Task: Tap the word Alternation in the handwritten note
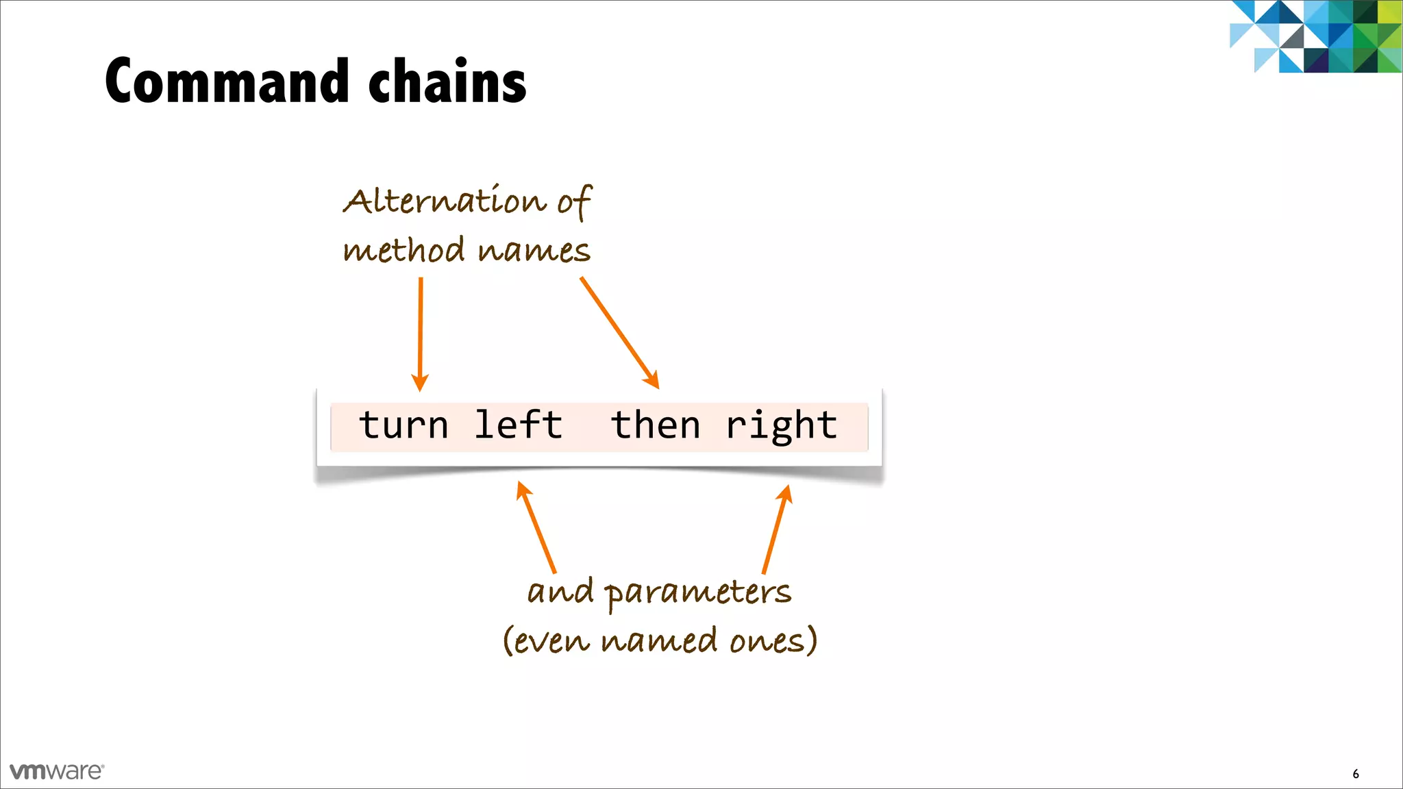445,201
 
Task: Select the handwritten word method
404,249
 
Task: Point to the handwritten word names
534,251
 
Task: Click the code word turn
403,425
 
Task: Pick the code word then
656,425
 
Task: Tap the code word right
782,427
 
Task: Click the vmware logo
57,771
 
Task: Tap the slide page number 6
1356,774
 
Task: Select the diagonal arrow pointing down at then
619,333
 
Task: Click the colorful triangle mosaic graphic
1315,36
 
